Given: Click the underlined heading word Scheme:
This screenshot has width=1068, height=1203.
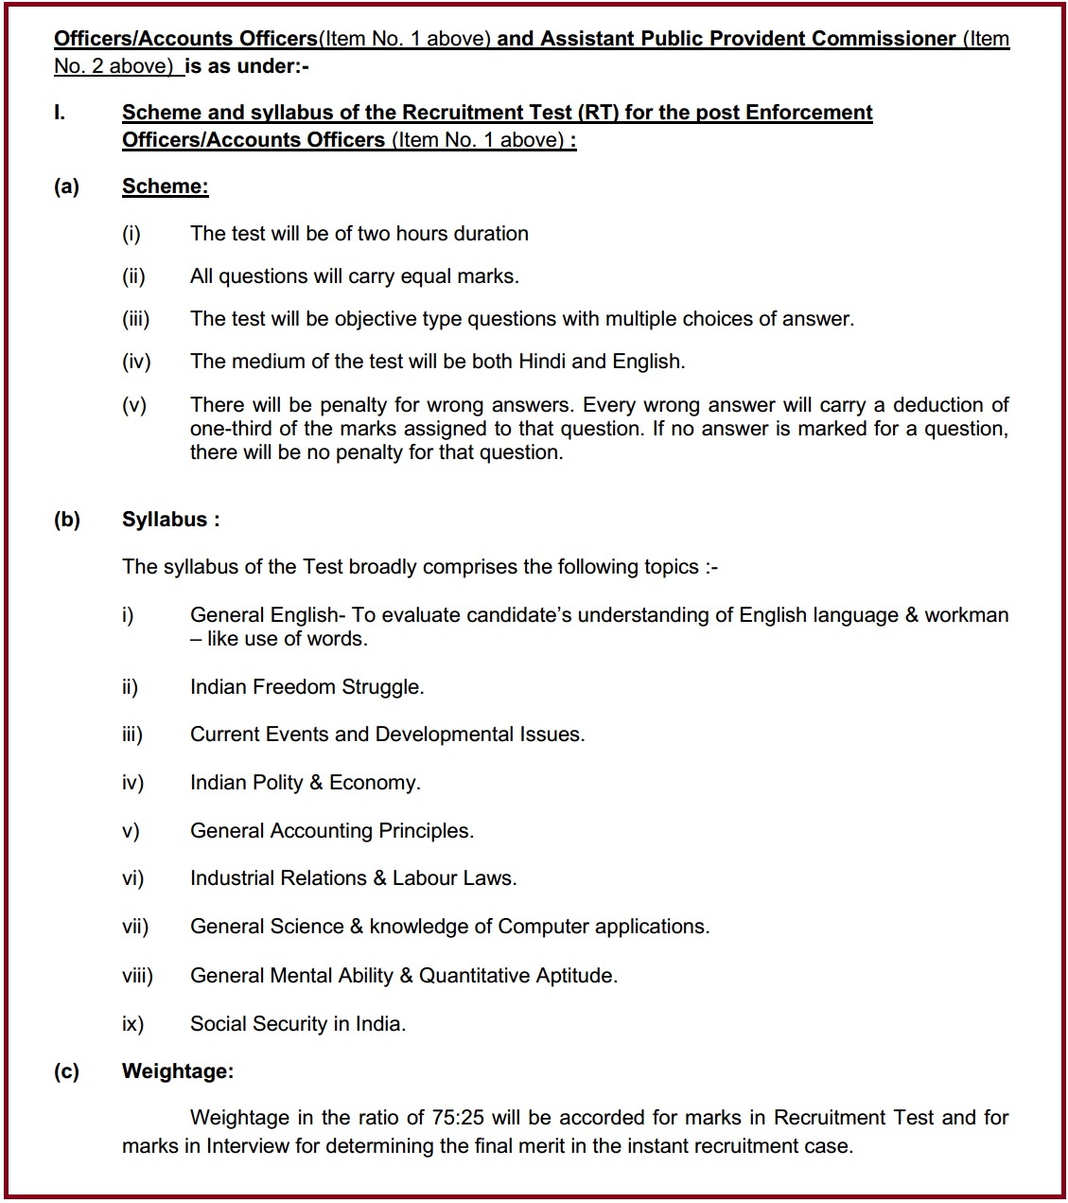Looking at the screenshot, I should [x=165, y=186].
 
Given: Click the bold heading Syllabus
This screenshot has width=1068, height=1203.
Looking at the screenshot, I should [x=165, y=520].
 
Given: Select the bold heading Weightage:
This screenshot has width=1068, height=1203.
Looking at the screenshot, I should [x=177, y=1071].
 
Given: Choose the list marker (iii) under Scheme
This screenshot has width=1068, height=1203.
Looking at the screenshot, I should [x=136, y=319].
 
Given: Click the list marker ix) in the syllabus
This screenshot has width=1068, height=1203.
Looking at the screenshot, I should [x=132, y=1024].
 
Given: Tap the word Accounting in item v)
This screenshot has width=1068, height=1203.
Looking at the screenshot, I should [x=321, y=831].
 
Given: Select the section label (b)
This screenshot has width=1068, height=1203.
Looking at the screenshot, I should [x=67, y=520].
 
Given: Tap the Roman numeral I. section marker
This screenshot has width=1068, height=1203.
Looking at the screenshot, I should [x=60, y=113].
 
